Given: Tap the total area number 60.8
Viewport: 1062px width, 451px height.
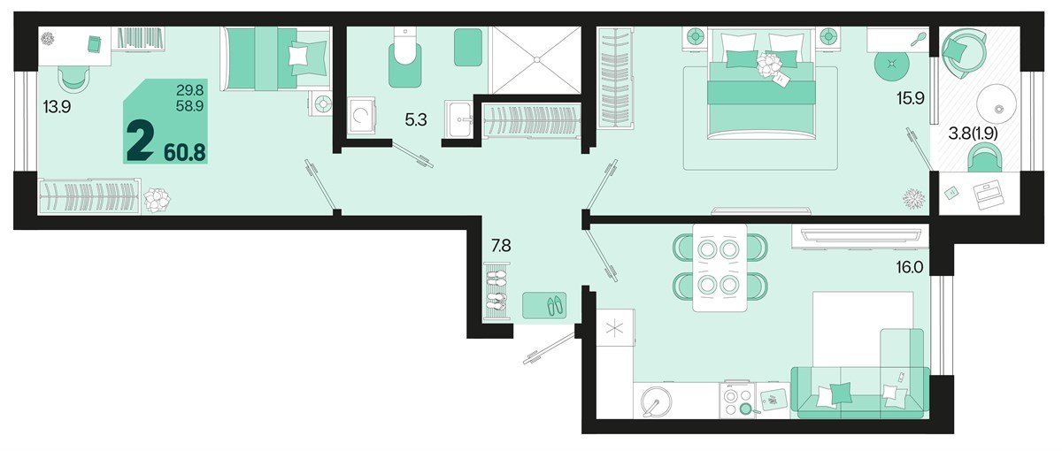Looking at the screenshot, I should (184, 152).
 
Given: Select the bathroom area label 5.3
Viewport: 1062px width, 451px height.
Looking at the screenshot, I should (416, 118).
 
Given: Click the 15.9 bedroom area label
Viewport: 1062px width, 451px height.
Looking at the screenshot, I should (909, 99).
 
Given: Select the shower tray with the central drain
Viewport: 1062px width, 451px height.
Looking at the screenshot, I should (535, 59).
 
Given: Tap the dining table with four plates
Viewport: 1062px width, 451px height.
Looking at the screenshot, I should (718, 266).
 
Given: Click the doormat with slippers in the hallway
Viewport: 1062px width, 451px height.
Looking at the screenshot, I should (544, 306).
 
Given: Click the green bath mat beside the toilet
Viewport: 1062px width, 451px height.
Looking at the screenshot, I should (468, 48).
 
